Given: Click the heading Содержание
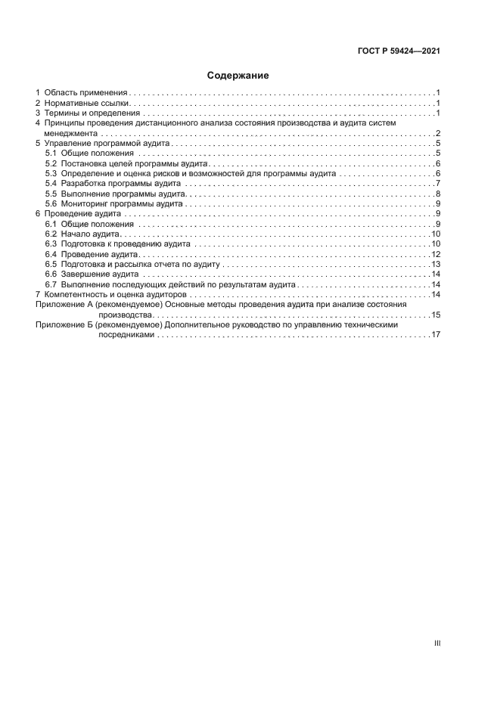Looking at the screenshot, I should point(238,76).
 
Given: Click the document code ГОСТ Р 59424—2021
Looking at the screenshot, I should point(399,51).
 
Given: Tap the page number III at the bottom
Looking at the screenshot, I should point(436,643).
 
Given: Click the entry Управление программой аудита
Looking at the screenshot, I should point(108,142).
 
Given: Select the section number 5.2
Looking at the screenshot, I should point(51,163).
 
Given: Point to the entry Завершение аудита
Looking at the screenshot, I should point(99,274).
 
